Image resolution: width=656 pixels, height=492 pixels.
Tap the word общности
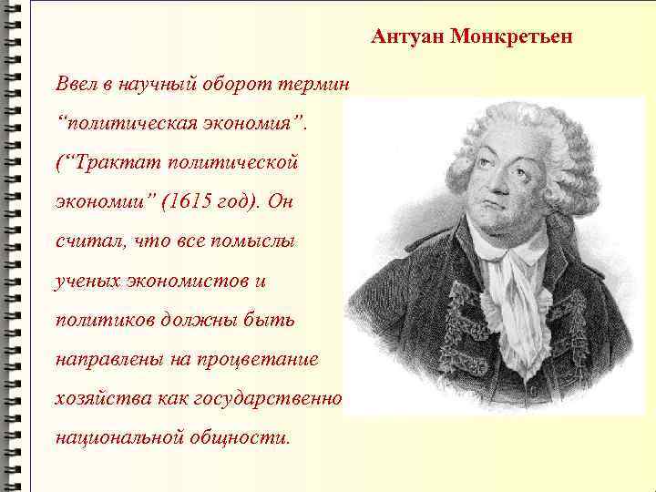pos(241,437)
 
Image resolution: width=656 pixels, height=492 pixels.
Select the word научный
pos(149,84)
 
